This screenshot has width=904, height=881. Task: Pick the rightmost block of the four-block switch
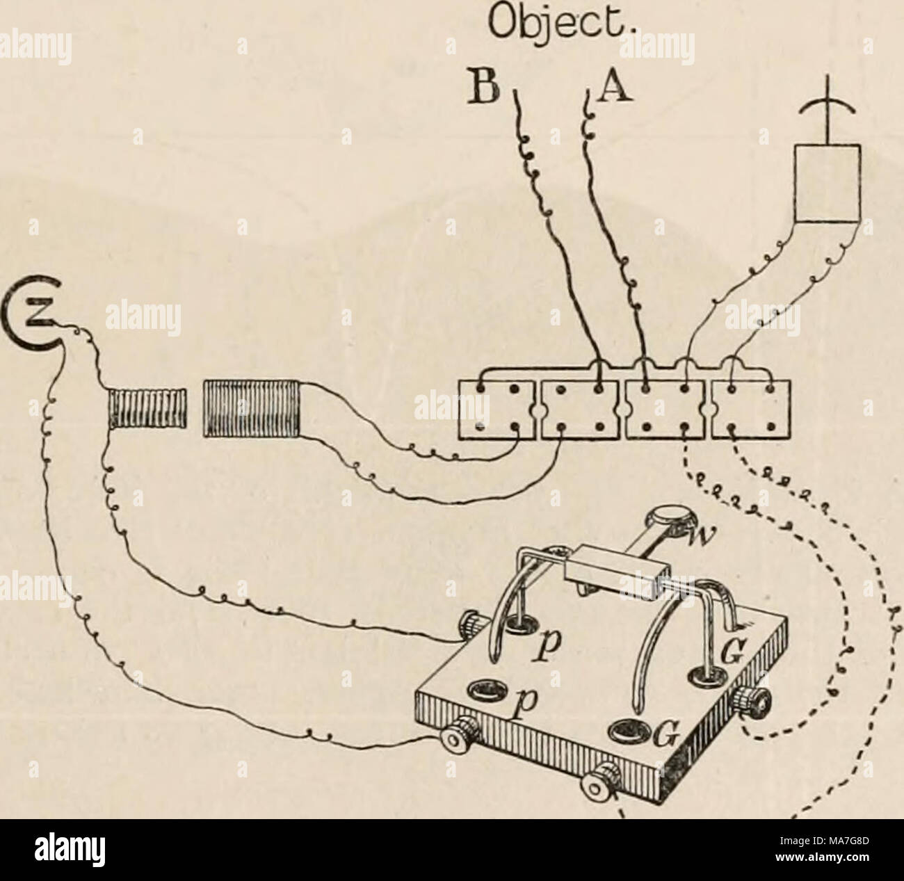click(751, 409)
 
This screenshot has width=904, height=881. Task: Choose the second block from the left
click(579, 409)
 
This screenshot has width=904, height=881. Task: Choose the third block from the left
click(665, 409)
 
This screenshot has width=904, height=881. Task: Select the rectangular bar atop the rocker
click(617, 574)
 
